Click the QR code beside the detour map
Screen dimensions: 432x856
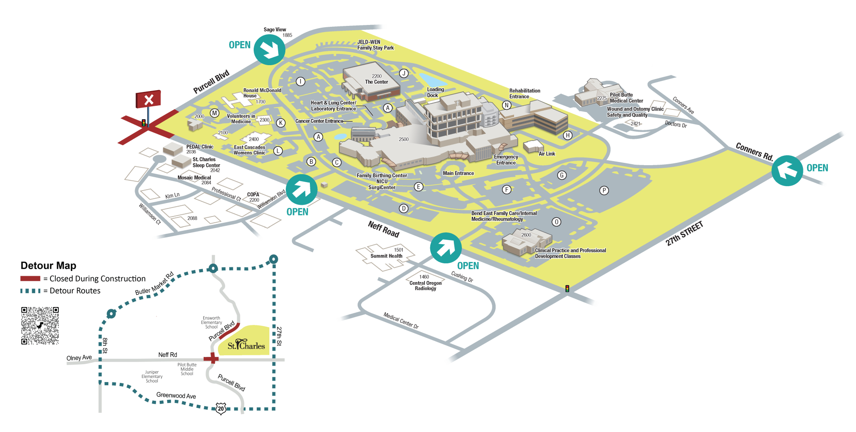coord(40,325)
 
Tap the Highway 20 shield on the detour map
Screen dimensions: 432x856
coord(221,408)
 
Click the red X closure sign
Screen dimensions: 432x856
coord(148,99)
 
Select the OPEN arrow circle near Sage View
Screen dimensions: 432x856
coord(269,50)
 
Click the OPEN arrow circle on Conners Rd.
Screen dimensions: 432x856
coord(787,170)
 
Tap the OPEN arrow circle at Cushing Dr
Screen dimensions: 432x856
coord(445,248)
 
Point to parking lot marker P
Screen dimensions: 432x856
coord(604,191)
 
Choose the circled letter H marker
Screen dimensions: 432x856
coord(567,135)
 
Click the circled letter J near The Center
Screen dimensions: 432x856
coord(403,74)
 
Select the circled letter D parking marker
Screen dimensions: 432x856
coord(403,208)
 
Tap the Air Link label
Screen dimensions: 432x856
coord(547,154)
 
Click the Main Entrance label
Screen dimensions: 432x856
coord(458,173)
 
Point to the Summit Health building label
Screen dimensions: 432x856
coord(386,256)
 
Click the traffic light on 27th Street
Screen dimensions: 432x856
coord(567,289)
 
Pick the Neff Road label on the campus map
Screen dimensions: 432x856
coord(383,229)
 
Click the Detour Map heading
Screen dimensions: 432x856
coord(48,266)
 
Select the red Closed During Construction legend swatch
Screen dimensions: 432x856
coord(30,278)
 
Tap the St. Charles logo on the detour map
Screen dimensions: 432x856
coord(246,345)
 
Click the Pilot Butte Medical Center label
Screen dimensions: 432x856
coord(626,98)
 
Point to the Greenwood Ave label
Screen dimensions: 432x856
coord(176,395)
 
